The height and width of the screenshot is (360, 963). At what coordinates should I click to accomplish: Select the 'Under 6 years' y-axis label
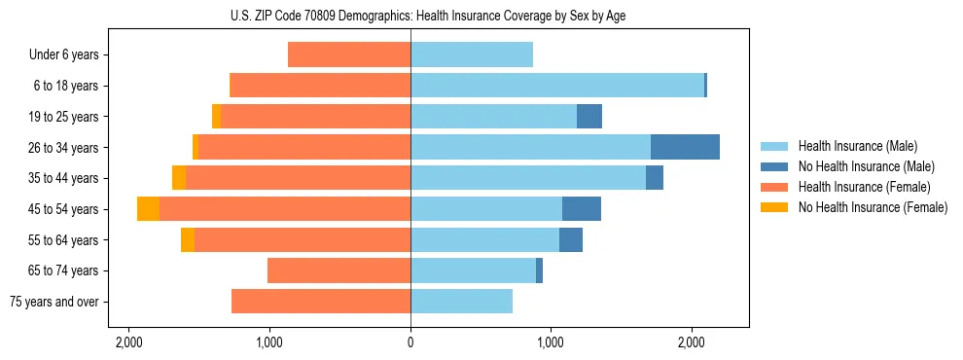(64, 55)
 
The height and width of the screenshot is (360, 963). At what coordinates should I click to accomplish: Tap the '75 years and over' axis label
(53, 302)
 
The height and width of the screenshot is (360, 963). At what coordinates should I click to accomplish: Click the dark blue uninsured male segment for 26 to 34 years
(685, 148)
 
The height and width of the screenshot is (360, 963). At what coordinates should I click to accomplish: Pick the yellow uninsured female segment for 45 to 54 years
(148, 209)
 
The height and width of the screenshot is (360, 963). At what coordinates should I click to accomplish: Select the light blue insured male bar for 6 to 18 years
(556, 86)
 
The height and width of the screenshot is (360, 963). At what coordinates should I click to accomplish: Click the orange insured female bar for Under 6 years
(349, 55)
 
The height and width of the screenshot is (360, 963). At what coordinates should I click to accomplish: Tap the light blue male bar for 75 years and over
(461, 302)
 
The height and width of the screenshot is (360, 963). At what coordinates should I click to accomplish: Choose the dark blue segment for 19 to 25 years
(589, 117)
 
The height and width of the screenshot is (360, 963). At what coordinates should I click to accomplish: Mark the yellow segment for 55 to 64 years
(188, 240)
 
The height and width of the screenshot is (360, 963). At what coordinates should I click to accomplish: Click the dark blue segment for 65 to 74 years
(539, 270)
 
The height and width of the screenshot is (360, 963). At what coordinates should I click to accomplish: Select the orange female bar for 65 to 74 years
(339, 270)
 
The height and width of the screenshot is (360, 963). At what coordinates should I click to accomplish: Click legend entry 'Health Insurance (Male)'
(856, 146)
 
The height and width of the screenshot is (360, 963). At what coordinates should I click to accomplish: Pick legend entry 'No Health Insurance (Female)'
(873, 207)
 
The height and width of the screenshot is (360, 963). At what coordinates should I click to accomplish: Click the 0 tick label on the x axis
(410, 342)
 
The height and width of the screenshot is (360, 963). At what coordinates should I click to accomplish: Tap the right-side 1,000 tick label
(551, 342)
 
